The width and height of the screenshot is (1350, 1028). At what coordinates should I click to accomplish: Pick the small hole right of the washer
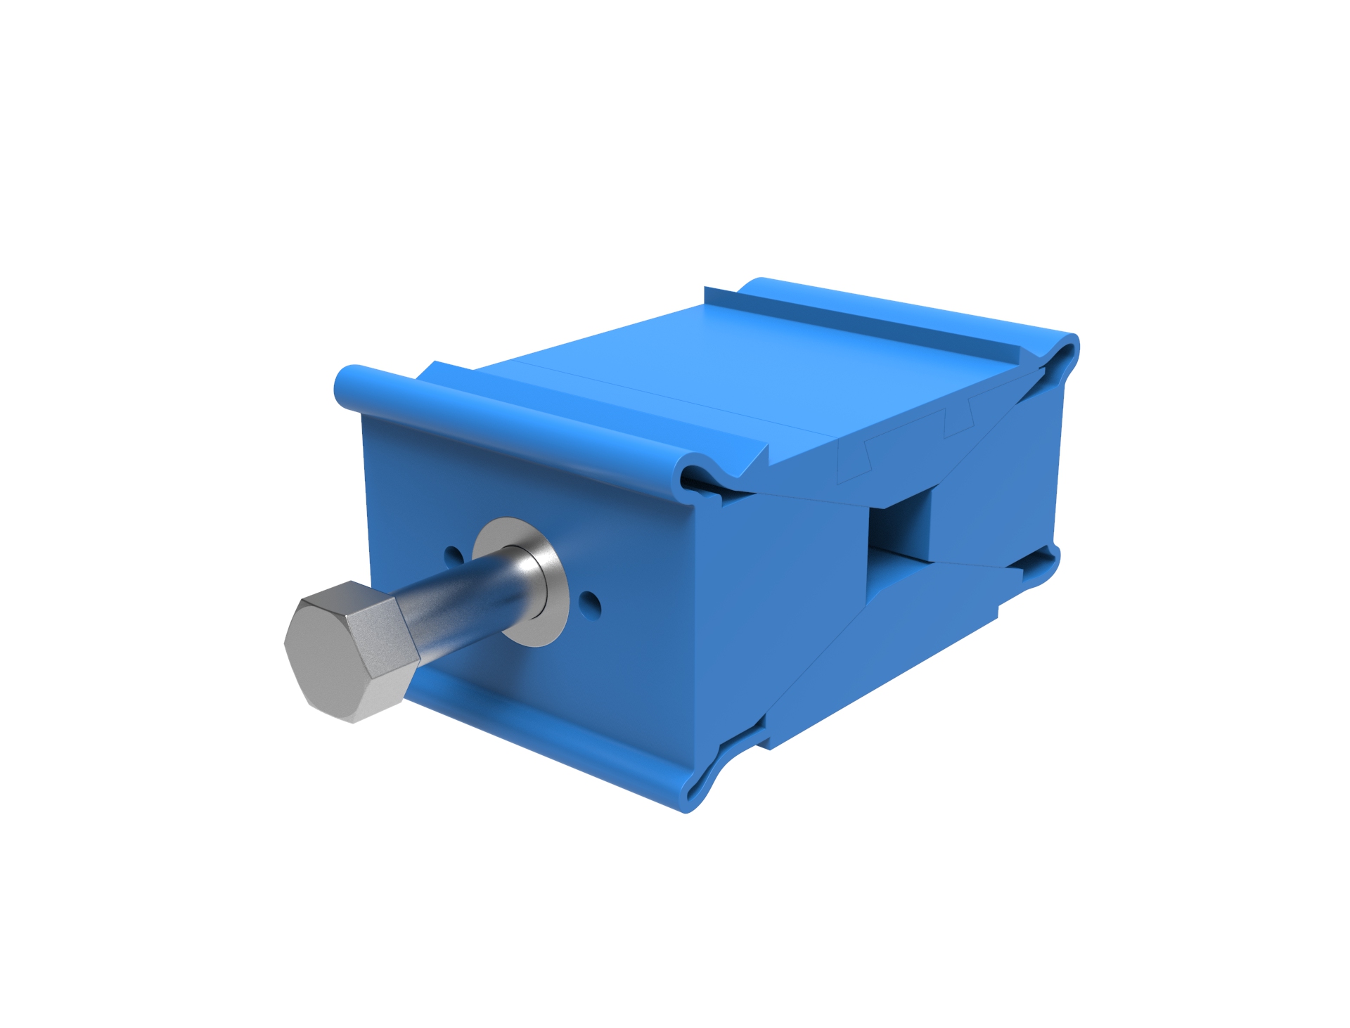point(590,602)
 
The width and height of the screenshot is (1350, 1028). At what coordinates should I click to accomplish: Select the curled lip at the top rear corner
point(1062,352)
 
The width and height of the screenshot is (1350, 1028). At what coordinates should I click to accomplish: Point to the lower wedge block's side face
point(879,668)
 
